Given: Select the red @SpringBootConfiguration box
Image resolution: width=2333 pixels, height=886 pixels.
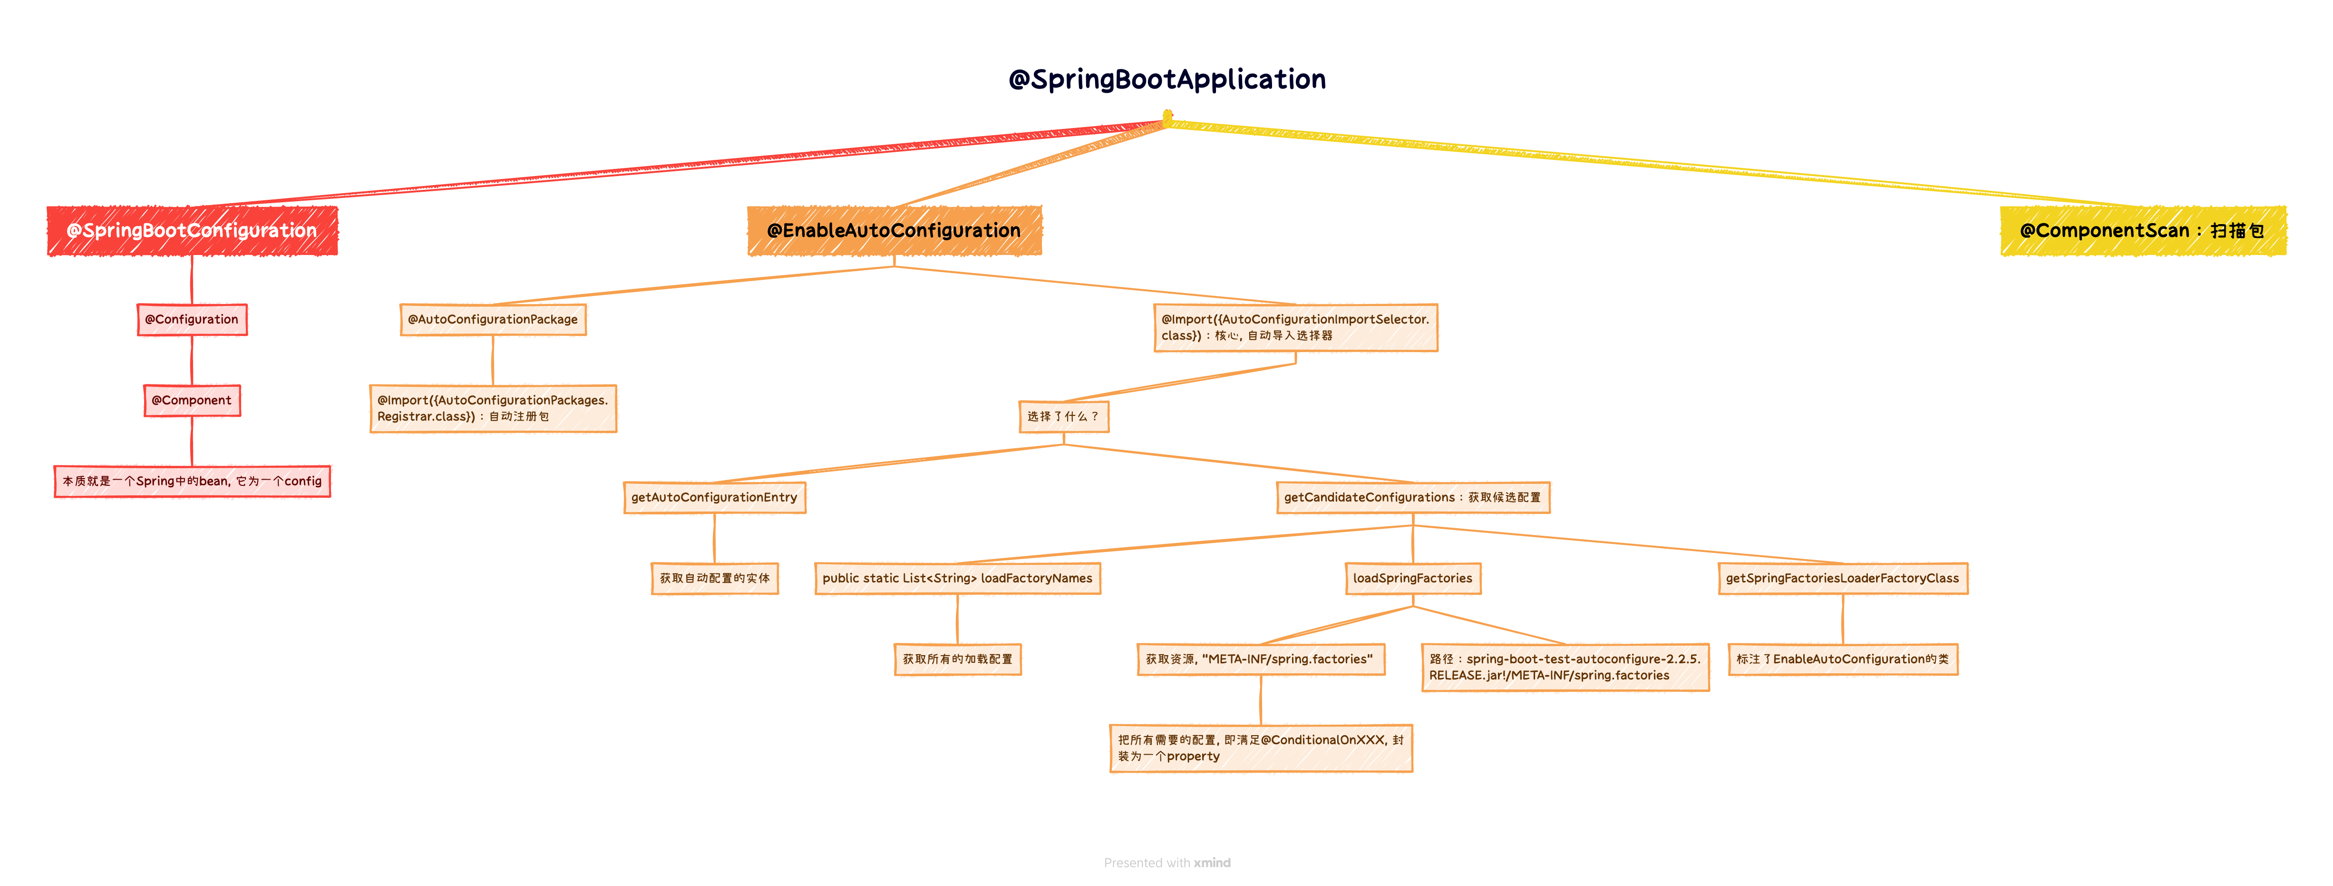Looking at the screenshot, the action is pyautogui.click(x=192, y=231).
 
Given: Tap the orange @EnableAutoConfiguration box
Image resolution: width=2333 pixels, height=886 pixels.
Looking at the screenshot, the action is pyautogui.click(x=894, y=231).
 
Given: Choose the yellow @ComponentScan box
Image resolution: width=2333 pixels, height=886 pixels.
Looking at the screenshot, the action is pyautogui.click(x=2143, y=231).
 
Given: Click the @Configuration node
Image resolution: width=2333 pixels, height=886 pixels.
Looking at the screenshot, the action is pyautogui.click(x=192, y=320).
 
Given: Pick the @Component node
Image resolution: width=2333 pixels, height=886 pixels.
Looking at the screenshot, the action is pyautogui.click(x=192, y=401).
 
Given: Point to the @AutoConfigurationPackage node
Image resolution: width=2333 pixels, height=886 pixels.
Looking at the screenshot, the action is pyautogui.click(x=493, y=320).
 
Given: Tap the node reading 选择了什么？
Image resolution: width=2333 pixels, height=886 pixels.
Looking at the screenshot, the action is pyautogui.click(x=1063, y=417).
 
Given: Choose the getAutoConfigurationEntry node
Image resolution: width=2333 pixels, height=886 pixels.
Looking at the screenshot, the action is pyautogui.click(x=715, y=497).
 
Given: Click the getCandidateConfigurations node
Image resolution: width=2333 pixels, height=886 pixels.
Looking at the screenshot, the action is pyautogui.click(x=1413, y=497).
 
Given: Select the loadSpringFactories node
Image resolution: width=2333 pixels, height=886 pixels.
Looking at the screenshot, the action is pyautogui.click(x=1413, y=578).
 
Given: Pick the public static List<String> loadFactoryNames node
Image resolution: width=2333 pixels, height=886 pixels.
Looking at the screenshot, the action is pyautogui.click(x=957, y=578).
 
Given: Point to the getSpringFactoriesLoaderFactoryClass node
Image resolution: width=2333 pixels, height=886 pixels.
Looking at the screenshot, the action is pyautogui.click(x=1842, y=578).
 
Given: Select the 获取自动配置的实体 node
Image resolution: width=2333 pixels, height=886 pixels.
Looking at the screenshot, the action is pyautogui.click(x=715, y=578).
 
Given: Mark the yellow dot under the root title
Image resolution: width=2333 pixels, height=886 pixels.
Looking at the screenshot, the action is pyautogui.click(x=1167, y=116).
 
